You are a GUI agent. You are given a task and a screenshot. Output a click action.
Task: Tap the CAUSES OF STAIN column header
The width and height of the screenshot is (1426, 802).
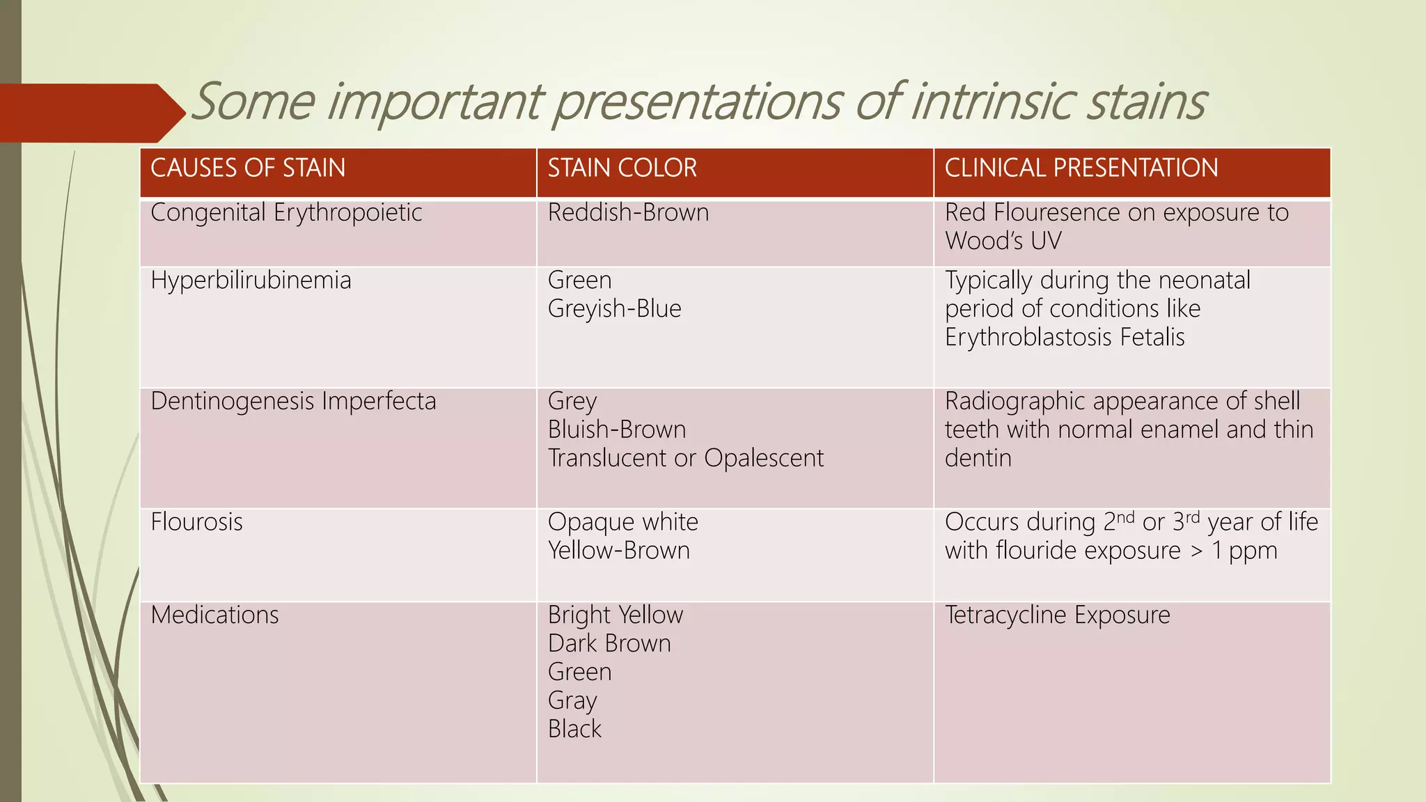point(248,168)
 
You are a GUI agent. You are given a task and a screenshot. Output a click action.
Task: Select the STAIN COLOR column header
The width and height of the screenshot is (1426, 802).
point(622,168)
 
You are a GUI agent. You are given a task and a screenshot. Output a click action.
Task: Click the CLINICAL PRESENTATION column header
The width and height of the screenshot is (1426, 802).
point(1081,168)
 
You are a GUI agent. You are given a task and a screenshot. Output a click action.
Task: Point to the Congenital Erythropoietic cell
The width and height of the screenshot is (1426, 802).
point(286,213)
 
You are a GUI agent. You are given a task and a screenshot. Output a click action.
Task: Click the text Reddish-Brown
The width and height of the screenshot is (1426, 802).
point(628,213)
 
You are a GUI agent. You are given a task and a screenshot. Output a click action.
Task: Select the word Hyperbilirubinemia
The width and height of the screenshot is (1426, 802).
point(251,281)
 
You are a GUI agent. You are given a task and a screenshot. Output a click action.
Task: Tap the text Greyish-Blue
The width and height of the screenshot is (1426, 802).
point(614,309)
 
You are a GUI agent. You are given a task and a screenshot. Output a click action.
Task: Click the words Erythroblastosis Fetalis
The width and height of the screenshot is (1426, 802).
point(1064,338)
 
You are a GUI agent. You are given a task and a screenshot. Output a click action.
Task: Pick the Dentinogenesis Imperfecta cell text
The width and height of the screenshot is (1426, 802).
point(293,402)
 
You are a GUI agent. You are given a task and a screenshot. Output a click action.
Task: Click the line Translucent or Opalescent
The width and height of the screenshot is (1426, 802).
point(685,459)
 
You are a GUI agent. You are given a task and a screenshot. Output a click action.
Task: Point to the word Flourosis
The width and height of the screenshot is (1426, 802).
point(196,522)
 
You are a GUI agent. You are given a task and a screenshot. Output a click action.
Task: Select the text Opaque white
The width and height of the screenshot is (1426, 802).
point(622,522)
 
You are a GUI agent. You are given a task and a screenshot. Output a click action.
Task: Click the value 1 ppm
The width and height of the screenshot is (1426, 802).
point(1244,551)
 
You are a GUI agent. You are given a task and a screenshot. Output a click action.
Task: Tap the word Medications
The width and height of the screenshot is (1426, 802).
point(214,615)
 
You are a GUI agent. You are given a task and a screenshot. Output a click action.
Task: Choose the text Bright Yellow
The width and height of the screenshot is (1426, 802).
point(616,615)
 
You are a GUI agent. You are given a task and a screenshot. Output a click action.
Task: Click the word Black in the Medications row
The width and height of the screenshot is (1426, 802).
point(574,730)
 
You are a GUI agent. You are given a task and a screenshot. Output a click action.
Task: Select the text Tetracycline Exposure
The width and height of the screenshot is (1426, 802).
point(1057,615)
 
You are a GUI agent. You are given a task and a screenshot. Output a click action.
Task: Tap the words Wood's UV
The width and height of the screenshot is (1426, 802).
point(1003,242)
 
